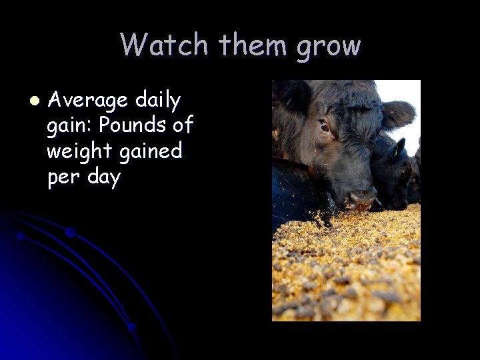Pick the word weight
pos(78,152)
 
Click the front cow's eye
pos(325,126)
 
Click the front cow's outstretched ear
pos(399,114)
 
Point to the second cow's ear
pos(399,148)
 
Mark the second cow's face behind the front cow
pos(393,173)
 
